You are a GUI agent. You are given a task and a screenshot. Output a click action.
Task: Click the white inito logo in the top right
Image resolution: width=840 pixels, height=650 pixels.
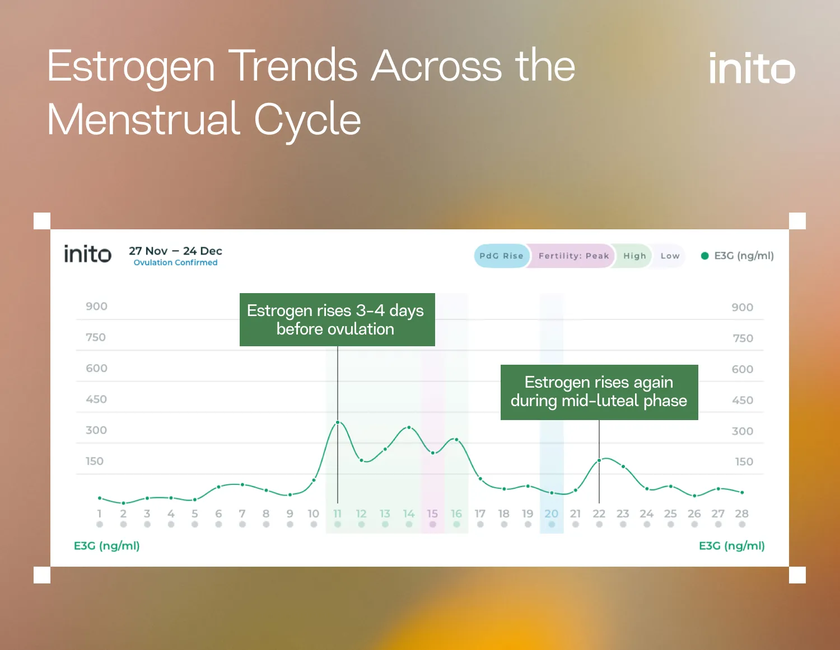tap(752, 68)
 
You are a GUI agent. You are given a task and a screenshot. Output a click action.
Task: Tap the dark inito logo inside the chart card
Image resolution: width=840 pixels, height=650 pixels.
tap(87, 254)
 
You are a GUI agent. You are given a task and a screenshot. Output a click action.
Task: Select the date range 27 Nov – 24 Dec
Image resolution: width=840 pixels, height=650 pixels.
tap(175, 251)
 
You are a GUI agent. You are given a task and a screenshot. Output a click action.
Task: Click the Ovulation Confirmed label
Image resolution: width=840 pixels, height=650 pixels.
tap(175, 262)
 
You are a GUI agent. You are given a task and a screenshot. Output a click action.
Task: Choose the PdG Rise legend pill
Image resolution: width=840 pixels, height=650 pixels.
tap(501, 256)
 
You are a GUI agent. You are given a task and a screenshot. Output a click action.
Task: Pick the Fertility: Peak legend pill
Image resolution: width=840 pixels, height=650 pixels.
tap(573, 256)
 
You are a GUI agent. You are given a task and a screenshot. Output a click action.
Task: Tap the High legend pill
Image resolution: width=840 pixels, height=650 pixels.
tap(634, 256)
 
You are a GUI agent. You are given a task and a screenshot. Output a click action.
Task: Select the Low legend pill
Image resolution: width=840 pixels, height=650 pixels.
tap(670, 256)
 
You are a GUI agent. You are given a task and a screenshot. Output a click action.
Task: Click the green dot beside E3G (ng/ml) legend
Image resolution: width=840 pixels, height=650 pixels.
tap(704, 256)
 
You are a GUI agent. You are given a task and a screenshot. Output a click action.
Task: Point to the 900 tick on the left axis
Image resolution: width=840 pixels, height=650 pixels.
tap(96, 307)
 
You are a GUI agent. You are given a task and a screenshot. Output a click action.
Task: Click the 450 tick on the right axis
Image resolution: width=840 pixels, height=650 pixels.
tap(742, 400)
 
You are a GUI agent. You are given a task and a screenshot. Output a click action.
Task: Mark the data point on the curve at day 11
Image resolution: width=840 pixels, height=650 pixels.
tap(338, 422)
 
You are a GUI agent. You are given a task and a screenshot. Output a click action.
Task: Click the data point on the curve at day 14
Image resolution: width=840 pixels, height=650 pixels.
tap(409, 427)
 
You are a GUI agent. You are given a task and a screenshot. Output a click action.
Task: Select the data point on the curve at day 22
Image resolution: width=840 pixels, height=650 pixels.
tap(599, 460)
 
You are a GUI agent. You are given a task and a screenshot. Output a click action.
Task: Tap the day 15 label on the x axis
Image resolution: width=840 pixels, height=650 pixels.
tap(432, 514)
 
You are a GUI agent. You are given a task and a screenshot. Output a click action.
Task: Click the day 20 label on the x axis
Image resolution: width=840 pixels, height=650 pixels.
tap(552, 514)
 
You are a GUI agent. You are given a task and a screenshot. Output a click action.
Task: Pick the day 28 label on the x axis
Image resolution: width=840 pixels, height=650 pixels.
tap(741, 514)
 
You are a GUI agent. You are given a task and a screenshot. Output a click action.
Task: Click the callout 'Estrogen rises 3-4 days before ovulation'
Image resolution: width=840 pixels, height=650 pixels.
tap(337, 319)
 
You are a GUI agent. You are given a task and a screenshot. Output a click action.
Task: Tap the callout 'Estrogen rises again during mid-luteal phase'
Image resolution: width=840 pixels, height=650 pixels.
tap(599, 392)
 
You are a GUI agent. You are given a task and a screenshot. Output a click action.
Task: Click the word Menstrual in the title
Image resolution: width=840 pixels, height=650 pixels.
tap(143, 119)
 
